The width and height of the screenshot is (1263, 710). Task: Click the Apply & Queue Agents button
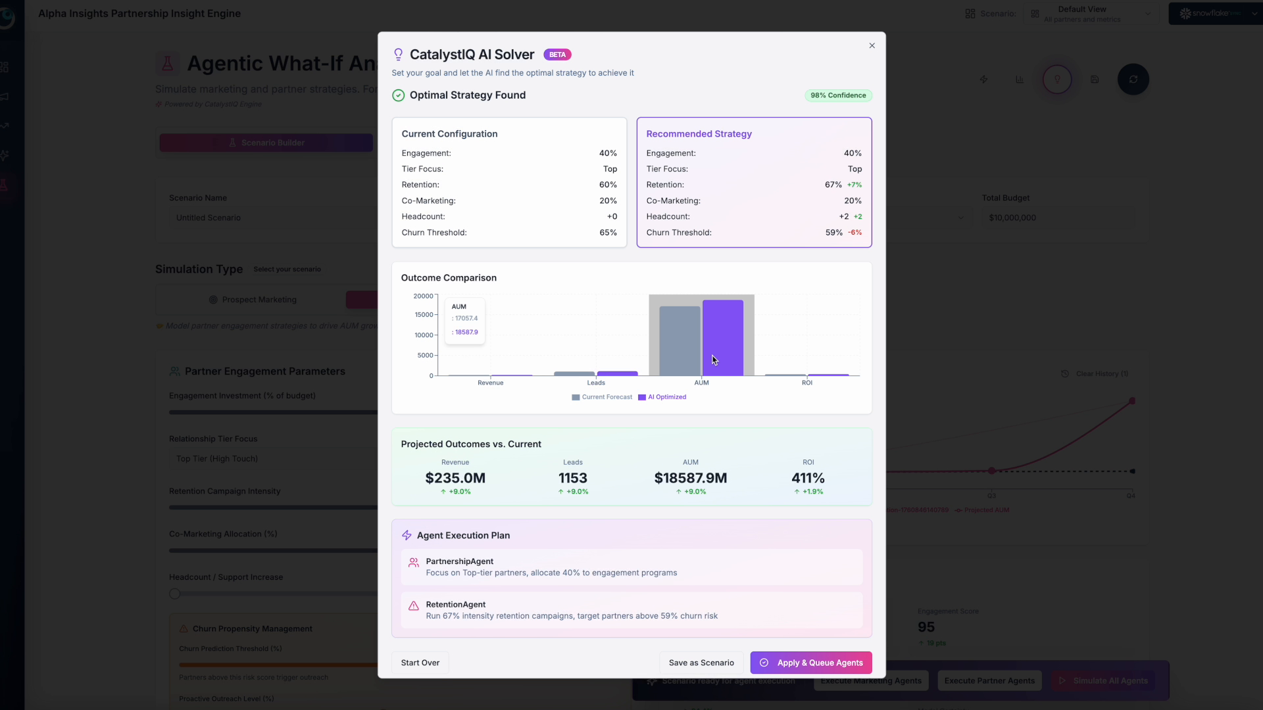click(811, 663)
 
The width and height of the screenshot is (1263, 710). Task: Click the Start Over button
click(420, 663)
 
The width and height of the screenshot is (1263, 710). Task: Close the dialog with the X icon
click(872, 46)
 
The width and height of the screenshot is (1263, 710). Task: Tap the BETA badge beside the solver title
click(557, 55)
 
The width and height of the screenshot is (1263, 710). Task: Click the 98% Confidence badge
click(838, 95)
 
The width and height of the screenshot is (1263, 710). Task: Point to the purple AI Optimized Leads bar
click(617, 373)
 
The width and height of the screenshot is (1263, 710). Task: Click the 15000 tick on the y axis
click(424, 315)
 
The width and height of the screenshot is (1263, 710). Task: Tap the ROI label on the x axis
click(807, 383)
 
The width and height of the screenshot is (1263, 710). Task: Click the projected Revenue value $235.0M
click(455, 478)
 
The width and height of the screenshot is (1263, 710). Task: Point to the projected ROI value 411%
click(808, 478)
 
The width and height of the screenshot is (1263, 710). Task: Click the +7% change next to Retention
click(854, 185)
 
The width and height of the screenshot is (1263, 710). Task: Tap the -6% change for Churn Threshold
click(854, 233)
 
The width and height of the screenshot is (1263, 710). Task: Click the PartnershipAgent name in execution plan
click(459, 561)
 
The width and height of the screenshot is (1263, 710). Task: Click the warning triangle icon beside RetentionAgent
click(414, 606)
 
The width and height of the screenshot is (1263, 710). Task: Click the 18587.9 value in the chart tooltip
click(466, 332)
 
